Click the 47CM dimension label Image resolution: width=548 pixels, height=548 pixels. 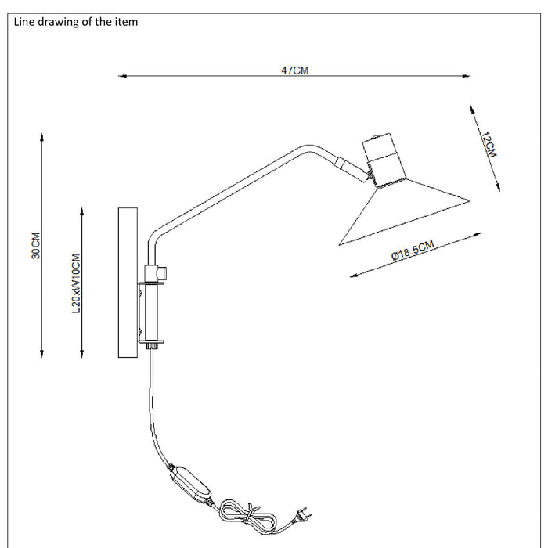294,70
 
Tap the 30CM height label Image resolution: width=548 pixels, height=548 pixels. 36,246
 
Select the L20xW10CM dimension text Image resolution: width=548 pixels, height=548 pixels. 76,283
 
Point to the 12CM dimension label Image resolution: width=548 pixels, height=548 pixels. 489,146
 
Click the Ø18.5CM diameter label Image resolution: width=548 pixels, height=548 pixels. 412,252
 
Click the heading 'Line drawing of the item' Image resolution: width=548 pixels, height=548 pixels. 76,22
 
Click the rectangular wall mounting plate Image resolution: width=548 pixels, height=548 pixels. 128,283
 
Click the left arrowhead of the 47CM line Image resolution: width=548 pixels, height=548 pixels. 121,76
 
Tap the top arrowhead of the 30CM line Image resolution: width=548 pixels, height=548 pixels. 41,135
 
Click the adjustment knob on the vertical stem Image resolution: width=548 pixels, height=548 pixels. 162,272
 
